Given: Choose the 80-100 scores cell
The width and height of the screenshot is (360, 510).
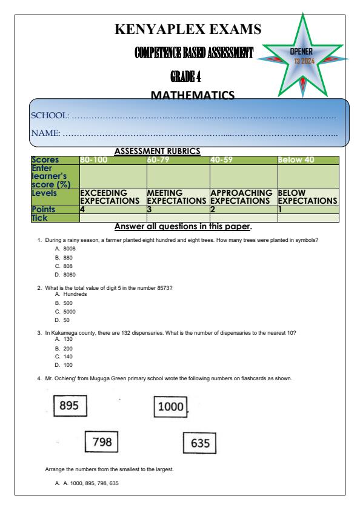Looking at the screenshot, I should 113,160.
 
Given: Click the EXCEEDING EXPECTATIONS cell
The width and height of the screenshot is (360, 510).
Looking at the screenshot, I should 113,196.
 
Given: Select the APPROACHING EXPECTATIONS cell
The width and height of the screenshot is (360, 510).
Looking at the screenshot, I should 242,196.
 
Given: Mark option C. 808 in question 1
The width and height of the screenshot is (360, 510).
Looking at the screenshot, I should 64,265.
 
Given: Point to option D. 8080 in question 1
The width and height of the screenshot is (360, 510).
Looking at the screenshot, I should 65,273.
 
